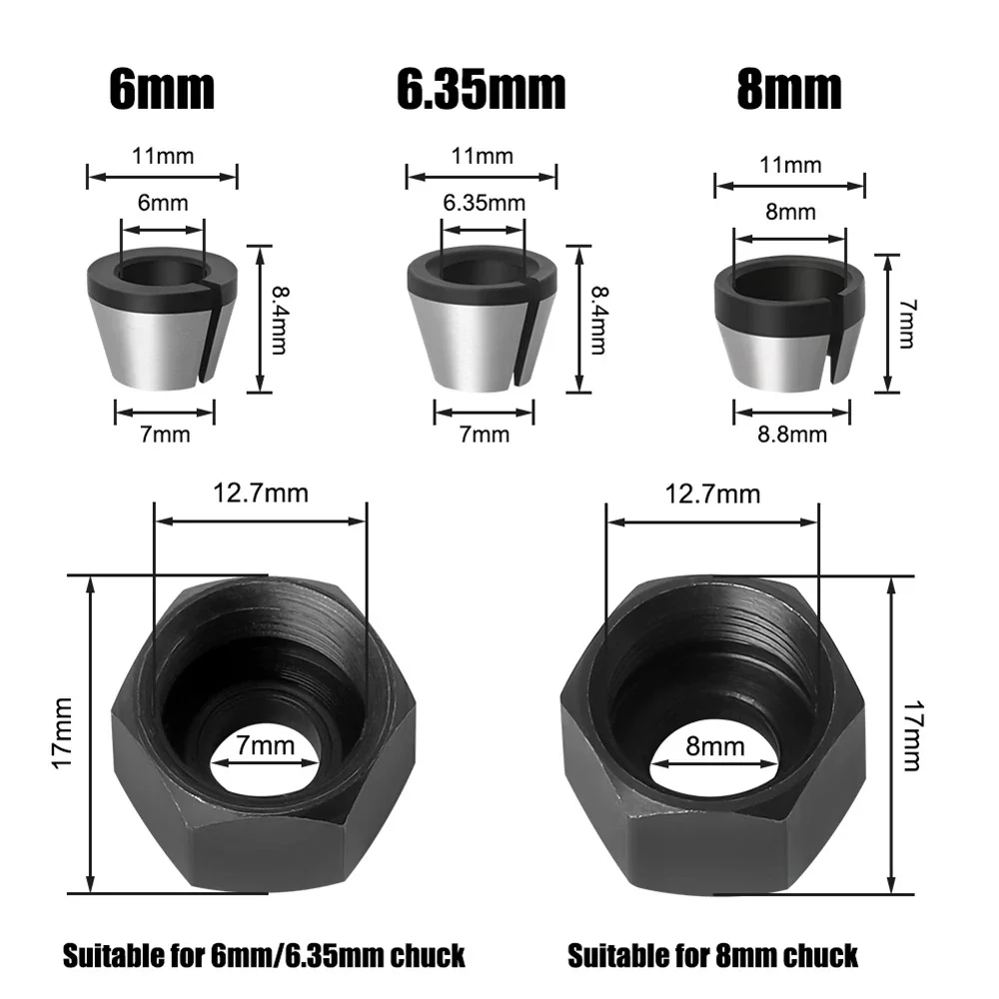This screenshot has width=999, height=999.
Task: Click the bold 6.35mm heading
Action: [482, 91]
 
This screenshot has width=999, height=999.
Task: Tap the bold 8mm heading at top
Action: [789, 91]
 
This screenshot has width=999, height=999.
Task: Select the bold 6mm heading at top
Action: [161, 91]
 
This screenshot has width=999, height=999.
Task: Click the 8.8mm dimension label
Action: [793, 434]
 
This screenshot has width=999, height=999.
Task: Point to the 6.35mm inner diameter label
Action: [484, 204]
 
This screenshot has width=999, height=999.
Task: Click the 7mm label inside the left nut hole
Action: [267, 744]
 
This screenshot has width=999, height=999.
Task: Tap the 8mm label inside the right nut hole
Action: [716, 745]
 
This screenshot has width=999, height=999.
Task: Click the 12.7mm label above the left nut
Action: [261, 493]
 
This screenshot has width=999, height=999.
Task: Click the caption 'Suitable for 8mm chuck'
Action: [712, 955]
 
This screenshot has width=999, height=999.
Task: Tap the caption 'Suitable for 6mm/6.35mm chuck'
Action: [264, 955]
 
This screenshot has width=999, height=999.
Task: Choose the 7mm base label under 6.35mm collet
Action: [484, 434]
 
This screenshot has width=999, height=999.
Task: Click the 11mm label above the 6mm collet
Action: [162, 155]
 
